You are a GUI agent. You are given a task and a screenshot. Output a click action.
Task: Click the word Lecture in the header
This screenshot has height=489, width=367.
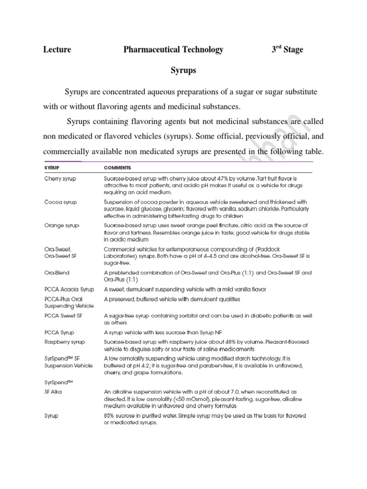pos(57,50)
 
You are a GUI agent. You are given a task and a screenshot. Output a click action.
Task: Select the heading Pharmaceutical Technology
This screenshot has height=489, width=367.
pos(173,50)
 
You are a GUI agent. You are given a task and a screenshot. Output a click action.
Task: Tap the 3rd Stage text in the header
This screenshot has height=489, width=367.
pos(287,49)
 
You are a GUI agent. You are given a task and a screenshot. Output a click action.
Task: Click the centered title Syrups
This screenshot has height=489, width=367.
pos(183,71)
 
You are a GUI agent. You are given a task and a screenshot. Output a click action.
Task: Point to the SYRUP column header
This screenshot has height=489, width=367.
pos(52,168)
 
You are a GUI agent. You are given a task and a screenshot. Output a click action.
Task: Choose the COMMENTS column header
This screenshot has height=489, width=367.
pos(118,168)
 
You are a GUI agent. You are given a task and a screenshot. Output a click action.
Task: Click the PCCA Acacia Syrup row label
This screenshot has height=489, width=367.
pos(67,289)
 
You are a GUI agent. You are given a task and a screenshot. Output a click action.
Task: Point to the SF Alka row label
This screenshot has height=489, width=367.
pos(53,392)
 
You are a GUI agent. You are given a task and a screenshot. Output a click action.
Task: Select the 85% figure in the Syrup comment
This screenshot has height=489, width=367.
pos(110,415)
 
